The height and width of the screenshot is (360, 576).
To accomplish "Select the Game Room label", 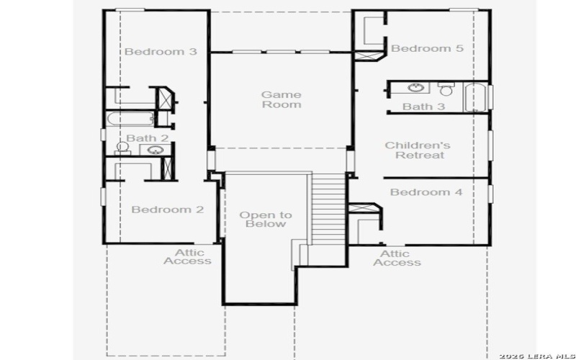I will click(x=281, y=99).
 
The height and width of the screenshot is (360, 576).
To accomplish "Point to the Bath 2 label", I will click(x=148, y=138).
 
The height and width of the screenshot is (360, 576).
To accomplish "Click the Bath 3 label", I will click(x=423, y=107).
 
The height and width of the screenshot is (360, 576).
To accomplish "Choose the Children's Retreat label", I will click(x=418, y=150).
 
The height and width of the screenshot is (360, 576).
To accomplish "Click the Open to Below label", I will click(x=266, y=219).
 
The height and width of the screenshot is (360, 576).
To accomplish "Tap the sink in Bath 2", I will click(x=155, y=150).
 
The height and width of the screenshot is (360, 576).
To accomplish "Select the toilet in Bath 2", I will click(x=123, y=148).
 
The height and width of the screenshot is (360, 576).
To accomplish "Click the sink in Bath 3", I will click(x=415, y=89).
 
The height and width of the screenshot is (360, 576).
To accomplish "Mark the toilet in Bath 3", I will click(x=445, y=89).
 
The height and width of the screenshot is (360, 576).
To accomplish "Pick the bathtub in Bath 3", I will click(x=474, y=99).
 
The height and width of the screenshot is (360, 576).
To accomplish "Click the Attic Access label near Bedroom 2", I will click(x=187, y=257).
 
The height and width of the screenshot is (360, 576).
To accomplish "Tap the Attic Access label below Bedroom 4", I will click(x=396, y=258).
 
